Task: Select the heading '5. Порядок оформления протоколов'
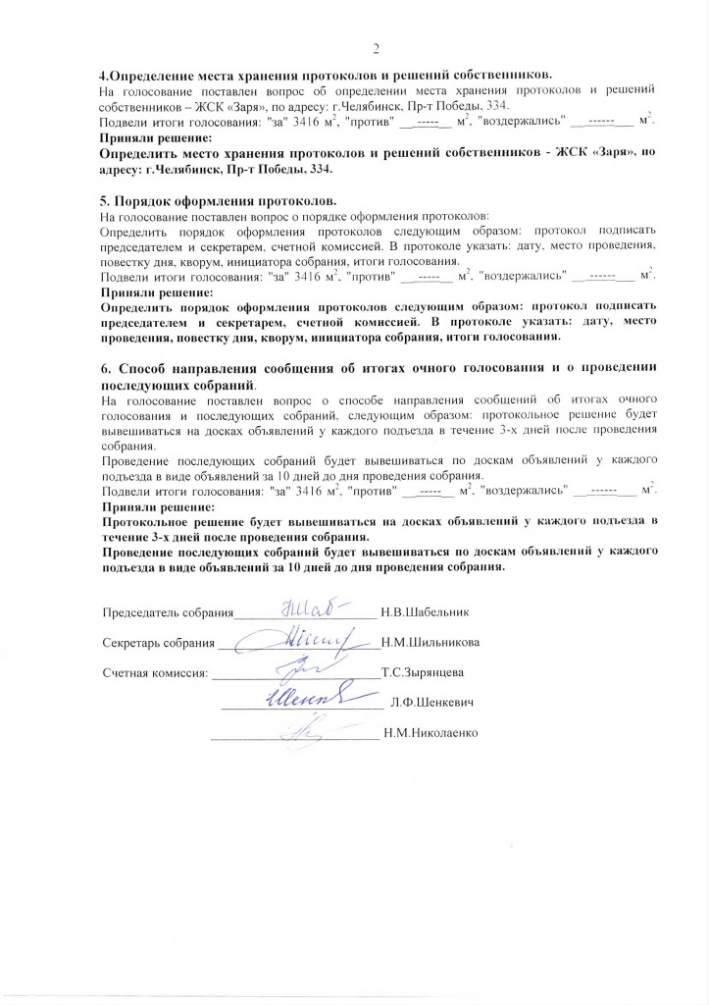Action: [x=221, y=199]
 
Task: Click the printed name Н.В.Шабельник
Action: [x=427, y=612]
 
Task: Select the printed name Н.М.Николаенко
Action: [x=430, y=733]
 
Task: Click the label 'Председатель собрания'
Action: [x=166, y=612]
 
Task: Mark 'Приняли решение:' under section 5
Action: [x=157, y=292]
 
